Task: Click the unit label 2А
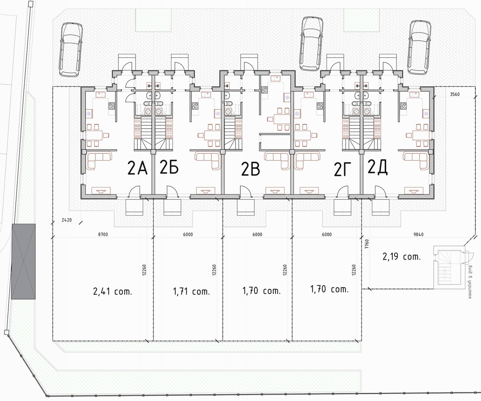pyautogui.click(x=137, y=169)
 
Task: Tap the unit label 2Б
pyautogui.click(x=169, y=167)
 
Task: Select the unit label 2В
pyautogui.click(x=251, y=169)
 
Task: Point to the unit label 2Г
pyautogui.click(x=343, y=169)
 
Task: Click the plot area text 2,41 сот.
pyautogui.click(x=112, y=292)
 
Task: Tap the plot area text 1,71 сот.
pyautogui.click(x=192, y=292)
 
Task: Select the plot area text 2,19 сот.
pyautogui.click(x=401, y=257)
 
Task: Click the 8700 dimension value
pyautogui.click(x=103, y=235)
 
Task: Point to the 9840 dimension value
pyautogui.click(x=418, y=235)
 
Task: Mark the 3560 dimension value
pyautogui.click(x=455, y=95)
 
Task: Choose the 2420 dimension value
pyautogui.click(x=67, y=220)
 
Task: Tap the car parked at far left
pyautogui.click(x=71, y=49)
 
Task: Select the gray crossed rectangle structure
pyautogui.click(x=23, y=261)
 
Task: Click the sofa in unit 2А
pyautogui.click(x=99, y=160)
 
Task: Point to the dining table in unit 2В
pyautogui.click(x=280, y=119)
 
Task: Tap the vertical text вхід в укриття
pyautogui.click(x=469, y=282)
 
